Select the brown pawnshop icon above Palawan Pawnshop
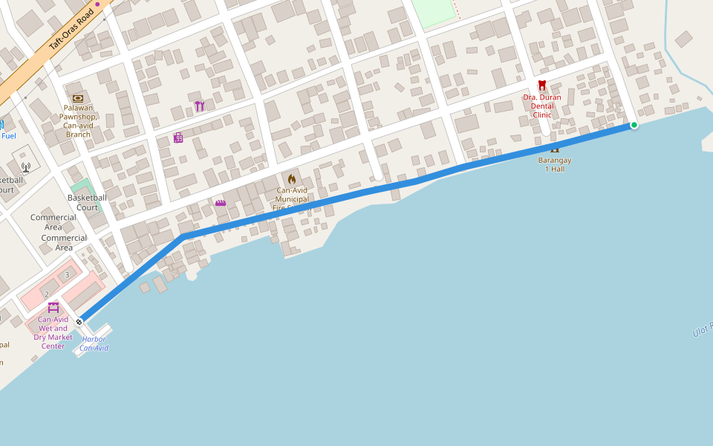point(78,98)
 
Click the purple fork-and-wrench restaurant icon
point(199,106)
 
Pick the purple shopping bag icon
point(178,138)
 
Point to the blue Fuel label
point(9,136)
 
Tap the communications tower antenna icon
point(25,167)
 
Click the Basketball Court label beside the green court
point(87,202)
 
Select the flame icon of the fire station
point(291,179)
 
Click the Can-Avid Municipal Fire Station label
point(291,199)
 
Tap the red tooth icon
point(542,85)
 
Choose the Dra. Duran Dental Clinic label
point(542,106)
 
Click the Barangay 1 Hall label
point(555,164)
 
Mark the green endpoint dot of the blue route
point(634,125)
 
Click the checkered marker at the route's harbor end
point(79,322)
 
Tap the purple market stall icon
point(53,307)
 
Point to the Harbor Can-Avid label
point(94,343)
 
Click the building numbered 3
point(67,275)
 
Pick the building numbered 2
point(46,294)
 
